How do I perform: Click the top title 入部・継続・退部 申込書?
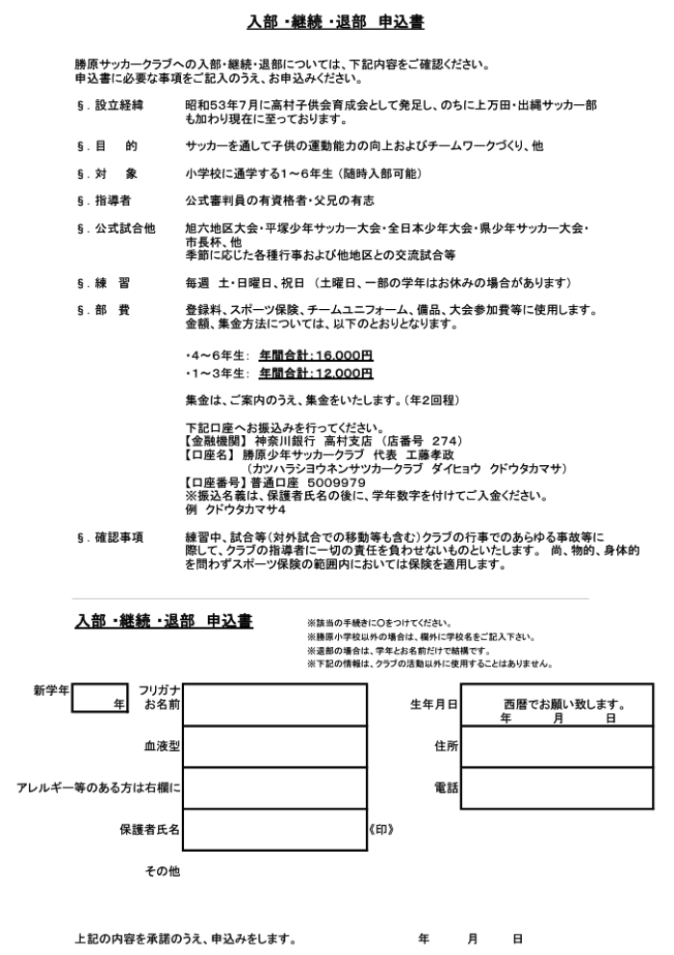coord(336,21)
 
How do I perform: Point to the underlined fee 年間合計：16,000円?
coord(315,355)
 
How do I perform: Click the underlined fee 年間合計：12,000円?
coord(315,374)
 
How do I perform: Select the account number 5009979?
coord(335,482)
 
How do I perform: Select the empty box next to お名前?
coord(274,705)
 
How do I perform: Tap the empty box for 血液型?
coord(274,746)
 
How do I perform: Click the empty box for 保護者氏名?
coord(274,828)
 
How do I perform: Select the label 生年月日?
coord(433,705)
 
